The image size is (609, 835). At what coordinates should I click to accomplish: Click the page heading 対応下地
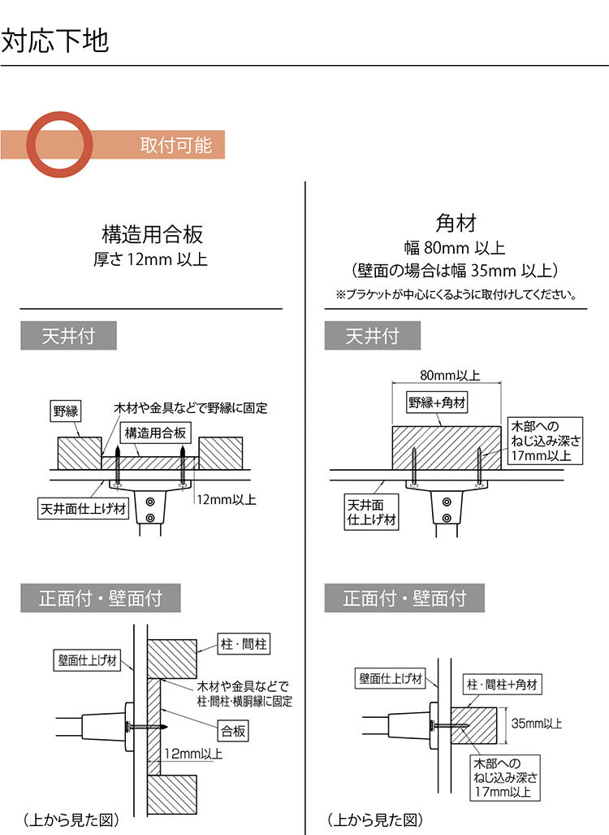click(x=55, y=41)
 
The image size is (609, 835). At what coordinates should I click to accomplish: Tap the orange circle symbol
click(x=60, y=145)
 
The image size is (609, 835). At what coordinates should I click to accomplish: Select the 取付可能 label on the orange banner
click(x=175, y=145)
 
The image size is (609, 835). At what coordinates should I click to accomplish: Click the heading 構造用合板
click(x=152, y=235)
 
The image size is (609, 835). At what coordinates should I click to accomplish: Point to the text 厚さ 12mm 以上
click(x=152, y=260)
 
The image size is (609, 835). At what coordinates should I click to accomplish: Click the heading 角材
click(x=456, y=222)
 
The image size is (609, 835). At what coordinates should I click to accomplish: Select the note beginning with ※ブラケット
click(x=456, y=294)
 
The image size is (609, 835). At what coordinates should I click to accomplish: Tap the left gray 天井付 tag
click(x=69, y=336)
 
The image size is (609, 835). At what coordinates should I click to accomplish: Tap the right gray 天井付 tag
click(x=373, y=336)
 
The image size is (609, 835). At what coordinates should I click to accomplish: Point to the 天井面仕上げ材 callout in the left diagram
click(x=83, y=510)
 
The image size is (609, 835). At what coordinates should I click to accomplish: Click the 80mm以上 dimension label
click(x=450, y=376)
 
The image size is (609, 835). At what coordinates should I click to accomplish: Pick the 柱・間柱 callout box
click(x=244, y=645)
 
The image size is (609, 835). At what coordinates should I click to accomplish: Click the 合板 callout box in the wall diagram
click(x=233, y=730)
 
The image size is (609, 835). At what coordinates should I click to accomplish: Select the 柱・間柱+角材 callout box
click(x=502, y=685)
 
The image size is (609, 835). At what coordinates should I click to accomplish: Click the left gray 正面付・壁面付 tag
click(x=101, y=599)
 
